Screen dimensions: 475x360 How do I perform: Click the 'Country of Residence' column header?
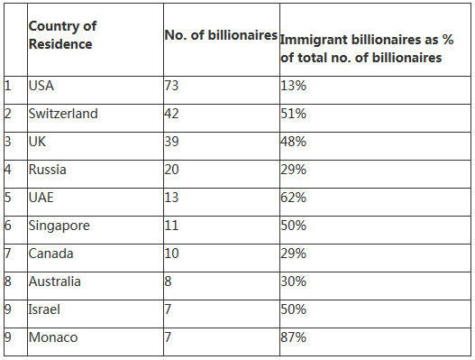pyautogui.click(x=62, y=35)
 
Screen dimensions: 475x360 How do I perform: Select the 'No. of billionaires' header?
pyautogui.click(x=221, y=35)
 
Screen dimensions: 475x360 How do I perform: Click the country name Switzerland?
pyautogui.click(x=63, y=114)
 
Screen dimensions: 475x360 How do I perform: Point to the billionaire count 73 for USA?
pyautogui.click(x=171, y=86)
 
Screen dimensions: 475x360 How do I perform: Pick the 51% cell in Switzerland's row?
pyautogui.click(x=293, y=114)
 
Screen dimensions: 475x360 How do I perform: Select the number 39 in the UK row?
pyautogui.click(x=171, y=142)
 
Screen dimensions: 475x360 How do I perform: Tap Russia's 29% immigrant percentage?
pyautogui.click(x=293, y=170)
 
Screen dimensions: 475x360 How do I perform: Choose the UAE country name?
pyautogui.click(x=41, y=198)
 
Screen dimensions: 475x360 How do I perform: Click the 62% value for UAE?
pyautogui.click(x=293, y=198)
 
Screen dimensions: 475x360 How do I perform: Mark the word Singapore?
pyautogui.click(x=59, y=226)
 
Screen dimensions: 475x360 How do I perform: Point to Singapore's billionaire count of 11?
pyautogui.click(x=171, y=226)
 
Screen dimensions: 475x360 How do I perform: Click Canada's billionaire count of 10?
pyautogui.click(x=171, y=254)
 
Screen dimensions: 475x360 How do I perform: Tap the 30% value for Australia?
pyautogui.click(x=293, y=282)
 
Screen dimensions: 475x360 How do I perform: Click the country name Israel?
pyautogui.click(x=44, y=309)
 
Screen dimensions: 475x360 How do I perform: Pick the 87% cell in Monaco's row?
pyautogui.click(x=293, y=337)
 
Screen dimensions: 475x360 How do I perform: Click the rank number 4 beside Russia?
pyautogui.click(x=8, y=170)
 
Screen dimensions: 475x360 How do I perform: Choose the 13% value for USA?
pyautogui.click(x=293, y=86)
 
